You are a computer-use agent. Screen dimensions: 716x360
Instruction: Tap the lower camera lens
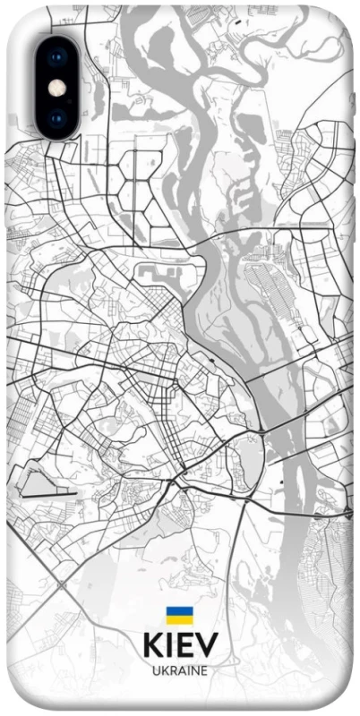57,116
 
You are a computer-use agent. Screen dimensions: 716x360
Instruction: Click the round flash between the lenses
57,88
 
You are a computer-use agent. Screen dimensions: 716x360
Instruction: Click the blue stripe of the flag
179,610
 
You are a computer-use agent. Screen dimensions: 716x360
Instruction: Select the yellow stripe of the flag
179,618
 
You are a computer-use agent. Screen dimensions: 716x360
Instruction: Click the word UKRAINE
179,669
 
